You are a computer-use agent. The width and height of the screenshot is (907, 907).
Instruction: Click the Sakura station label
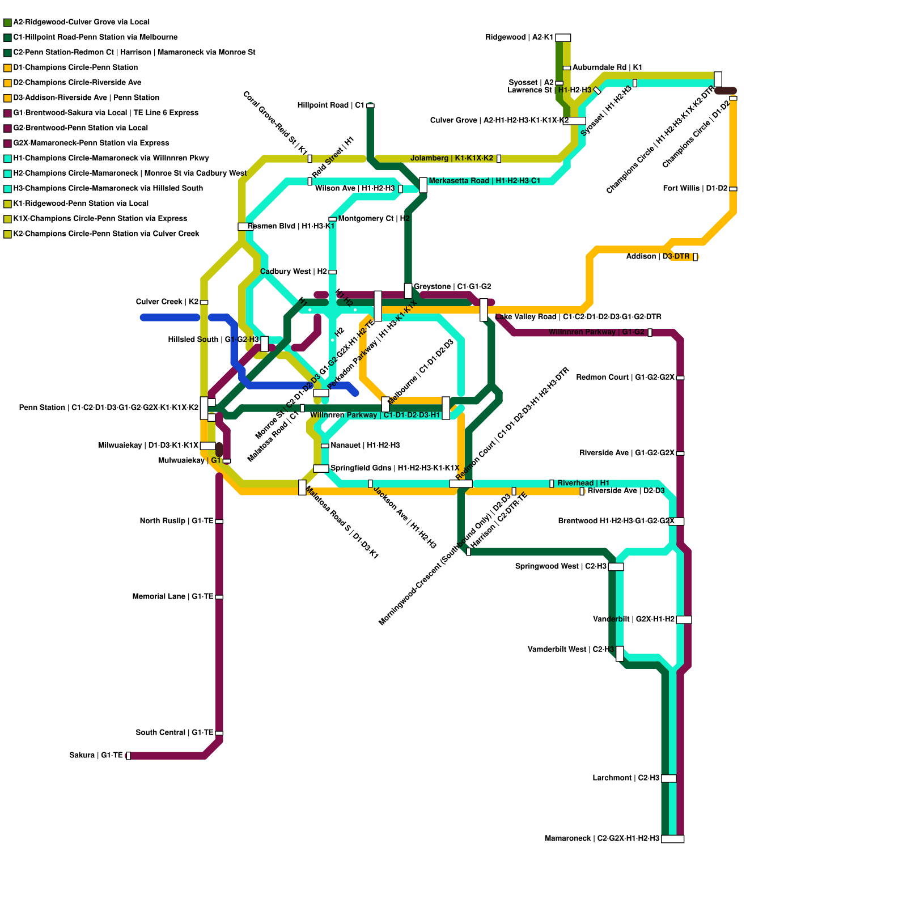pos(96,755)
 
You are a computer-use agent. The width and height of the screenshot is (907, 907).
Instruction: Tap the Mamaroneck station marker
pos(672,839)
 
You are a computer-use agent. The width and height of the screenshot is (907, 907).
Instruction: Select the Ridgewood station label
pos(519,37)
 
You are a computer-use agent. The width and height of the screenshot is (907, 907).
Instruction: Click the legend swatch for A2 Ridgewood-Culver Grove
pos(7,23)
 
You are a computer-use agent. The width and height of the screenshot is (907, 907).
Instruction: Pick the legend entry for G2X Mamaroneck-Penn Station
pos(91,143)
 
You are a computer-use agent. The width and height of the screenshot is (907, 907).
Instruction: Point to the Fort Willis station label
pos(695,188)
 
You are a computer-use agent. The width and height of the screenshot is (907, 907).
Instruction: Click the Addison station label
pos(658,257)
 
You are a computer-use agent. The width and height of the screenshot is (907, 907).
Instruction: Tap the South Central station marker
pos(219,733)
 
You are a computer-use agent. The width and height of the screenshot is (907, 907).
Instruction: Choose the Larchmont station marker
pos(669,778)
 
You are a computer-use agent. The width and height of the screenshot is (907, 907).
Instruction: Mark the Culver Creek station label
pos(167,302)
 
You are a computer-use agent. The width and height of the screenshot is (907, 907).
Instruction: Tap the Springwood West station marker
pos(616,567)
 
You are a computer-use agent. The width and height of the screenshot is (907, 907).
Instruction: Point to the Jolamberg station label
pos(452,158)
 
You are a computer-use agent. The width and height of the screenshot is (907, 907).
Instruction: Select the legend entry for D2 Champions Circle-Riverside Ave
pos(77,83)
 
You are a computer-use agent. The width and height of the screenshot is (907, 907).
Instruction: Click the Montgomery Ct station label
pos(374,218)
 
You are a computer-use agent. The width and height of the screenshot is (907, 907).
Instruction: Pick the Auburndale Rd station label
pos(607,67)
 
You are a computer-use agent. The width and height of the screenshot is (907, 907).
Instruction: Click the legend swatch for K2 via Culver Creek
pos(7,234)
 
